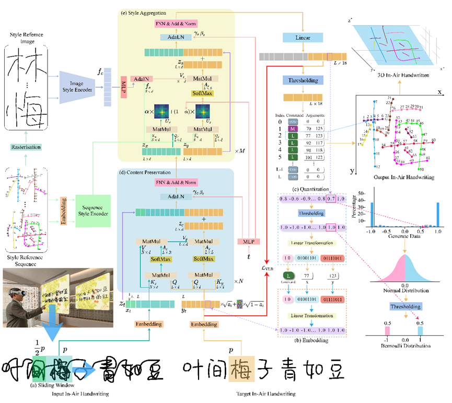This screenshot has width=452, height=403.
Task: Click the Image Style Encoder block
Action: tap(77, 86)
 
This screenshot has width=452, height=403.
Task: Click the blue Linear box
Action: tap(300, 38)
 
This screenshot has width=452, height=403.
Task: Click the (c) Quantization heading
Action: tap(311, 189)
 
